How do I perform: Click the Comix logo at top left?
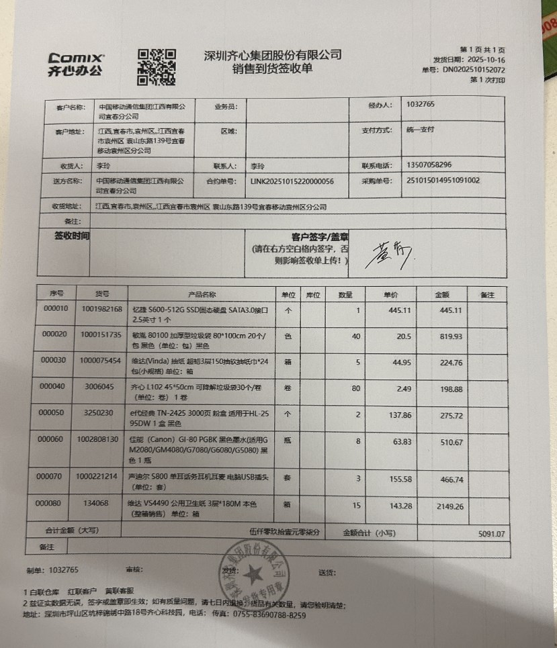[75, 64]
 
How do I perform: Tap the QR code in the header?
[157, 66]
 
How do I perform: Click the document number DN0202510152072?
[474, 69]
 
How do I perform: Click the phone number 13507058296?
[429, 165]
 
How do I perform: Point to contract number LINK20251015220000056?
[292, 181]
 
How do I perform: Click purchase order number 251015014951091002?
[444, 181]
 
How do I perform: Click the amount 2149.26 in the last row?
[450, 507]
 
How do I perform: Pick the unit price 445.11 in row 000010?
[399, 310]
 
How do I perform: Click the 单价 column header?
[390, 294]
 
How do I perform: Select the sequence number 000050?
[54, 412]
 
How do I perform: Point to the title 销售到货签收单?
[272, 68]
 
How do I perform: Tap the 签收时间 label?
[72, 236]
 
